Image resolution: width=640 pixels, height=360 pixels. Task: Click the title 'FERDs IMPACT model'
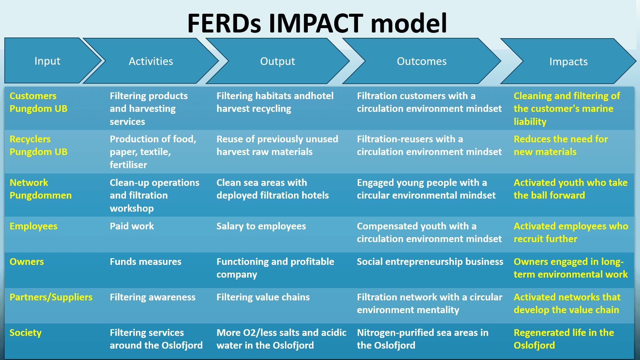[317, 23]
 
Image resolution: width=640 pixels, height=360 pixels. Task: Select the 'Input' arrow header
[47, 61]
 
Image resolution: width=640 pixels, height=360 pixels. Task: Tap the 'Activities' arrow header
[151, 61]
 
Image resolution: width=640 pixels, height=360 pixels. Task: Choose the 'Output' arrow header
[277, 61]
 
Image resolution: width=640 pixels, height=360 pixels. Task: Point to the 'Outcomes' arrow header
[421, 61]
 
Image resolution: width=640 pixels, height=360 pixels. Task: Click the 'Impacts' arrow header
[568, 62]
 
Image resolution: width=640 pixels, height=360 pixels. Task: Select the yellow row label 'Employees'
[33, 226]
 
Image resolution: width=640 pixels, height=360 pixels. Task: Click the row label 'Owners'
[27, 262]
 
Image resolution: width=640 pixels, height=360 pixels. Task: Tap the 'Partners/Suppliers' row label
[51, 297]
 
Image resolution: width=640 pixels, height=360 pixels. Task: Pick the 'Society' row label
[25, 333]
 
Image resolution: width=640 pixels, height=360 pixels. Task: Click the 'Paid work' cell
[132, 226]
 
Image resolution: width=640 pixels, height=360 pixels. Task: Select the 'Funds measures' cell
[145, 262]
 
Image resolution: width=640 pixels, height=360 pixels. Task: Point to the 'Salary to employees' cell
[261, 226]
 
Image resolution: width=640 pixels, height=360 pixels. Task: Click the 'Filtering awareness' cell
[152, 297]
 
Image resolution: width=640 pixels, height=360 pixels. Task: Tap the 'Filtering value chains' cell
[263, 297]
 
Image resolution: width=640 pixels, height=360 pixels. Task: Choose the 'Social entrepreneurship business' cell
[430, 262]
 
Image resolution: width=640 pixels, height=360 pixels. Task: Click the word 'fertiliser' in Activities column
[128, 165]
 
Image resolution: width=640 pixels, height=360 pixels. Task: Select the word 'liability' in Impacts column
[530, 122]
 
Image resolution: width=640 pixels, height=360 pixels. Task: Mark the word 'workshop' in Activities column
[132, 208]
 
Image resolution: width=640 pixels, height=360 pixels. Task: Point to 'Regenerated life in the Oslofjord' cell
[564, 339]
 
